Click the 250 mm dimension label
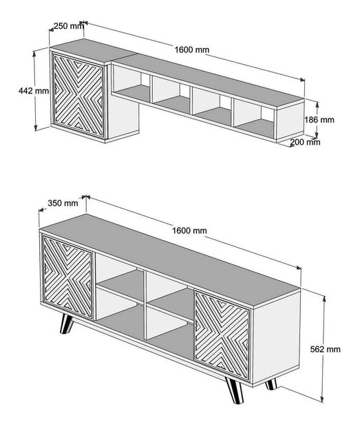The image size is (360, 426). click(69, 26)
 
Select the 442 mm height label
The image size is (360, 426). click(34, 90)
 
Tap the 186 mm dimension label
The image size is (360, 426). click(319, 120)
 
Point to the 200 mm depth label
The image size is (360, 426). click(305, 142)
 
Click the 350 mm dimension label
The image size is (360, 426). click(63, 203)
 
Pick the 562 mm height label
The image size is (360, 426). click(325, 349)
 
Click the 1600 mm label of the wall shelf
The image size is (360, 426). click(192, 50)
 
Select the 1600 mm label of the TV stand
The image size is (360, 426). click(189, 231)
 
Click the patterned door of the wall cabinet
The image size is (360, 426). click(78, 96)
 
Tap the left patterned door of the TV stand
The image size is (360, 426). click(68, 277)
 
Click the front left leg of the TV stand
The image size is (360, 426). click(66, 323)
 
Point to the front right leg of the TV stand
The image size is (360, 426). click(234, 390)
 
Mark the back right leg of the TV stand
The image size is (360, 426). click(271, 384)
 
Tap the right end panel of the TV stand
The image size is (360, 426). click(276, 337)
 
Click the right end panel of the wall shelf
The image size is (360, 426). click(290, 120)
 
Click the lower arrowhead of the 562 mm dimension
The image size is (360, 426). click(322, 398)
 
